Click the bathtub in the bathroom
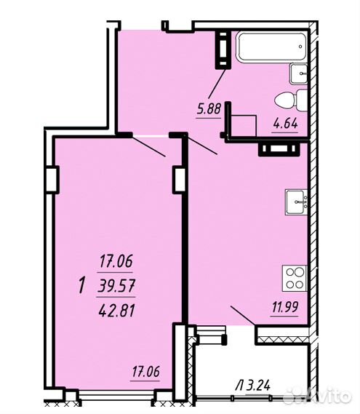[272, 47]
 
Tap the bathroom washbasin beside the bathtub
[299, 73]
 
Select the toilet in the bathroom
[291, 100]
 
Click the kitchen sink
[297, 202]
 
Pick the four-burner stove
[295, 278]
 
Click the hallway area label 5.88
[209, 109]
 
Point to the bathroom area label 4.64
[286, 123]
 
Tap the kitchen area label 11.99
[285, 307]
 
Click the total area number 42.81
[116, 311]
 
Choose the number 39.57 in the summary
[116, 286]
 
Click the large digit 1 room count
[82, 286]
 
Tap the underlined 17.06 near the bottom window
[145, 372]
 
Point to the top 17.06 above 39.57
[116, 261]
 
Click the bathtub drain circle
[300, 47]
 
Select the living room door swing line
[149, 146]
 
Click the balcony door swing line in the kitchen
[243, 316]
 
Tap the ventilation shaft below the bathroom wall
[280, 149]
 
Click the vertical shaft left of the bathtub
[223, 49]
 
